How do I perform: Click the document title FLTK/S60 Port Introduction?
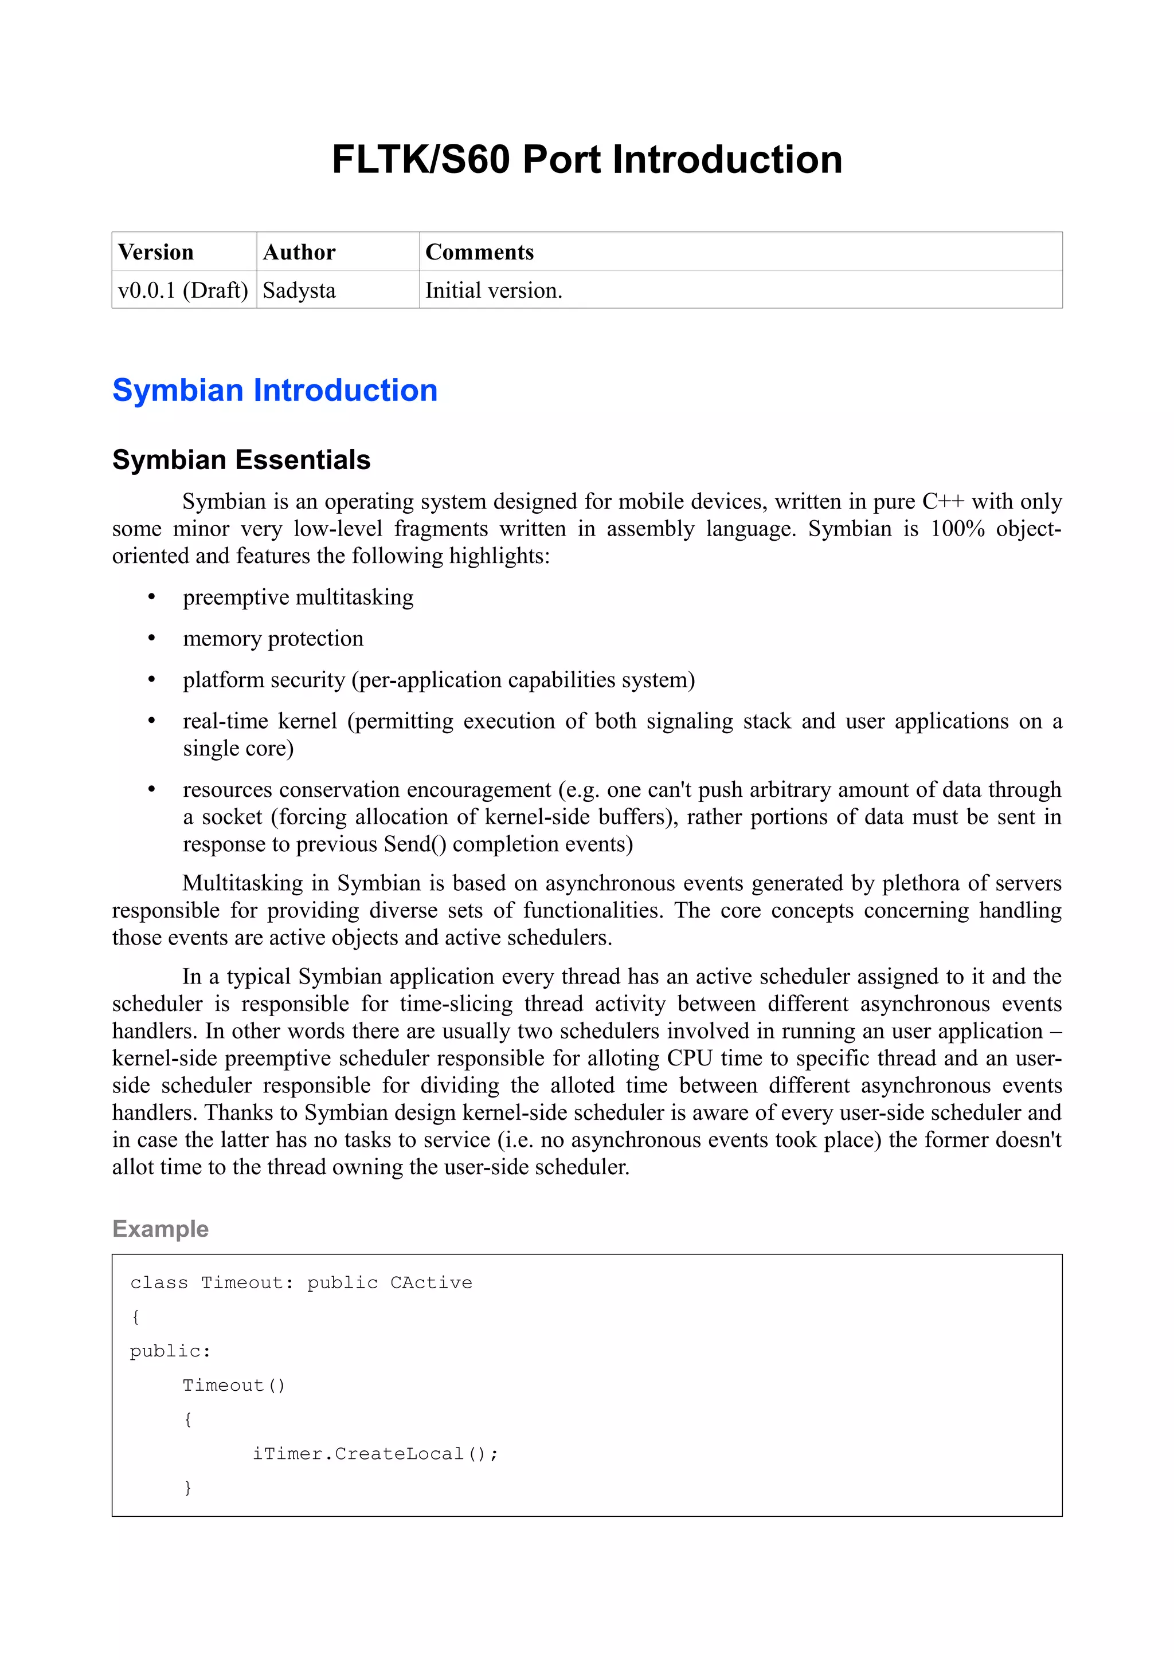(x=586, y=160)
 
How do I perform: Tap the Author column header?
(x=299, y=253)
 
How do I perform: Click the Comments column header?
(x=479, y=253)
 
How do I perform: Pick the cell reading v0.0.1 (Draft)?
(x=183, y=290)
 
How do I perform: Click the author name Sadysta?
(x=299, y=290)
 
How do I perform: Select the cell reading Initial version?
(x=494, y=290)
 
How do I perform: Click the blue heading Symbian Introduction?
(x=275, y=391)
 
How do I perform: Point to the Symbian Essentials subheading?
(x=241, y=460)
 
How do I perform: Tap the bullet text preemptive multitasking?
(x=298, y=597)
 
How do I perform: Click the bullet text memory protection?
(x=273, y=639)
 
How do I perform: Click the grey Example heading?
(x=161, y=1229)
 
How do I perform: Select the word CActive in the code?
(x=431, y=1283)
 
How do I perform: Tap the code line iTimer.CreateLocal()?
(x=375, y=1454)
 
